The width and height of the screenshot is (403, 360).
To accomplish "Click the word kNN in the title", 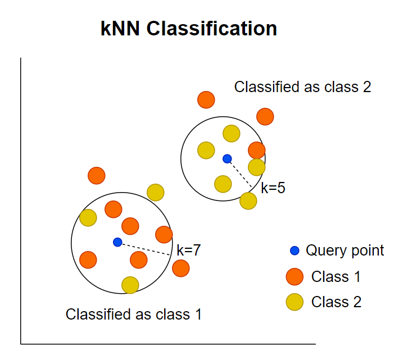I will pyautogui.click(x=121, y=29).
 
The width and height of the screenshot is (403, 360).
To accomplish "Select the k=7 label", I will pyautogui.click(x=188, y=250).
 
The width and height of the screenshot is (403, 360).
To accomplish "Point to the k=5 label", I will pyautogui.click(x=273, y=188).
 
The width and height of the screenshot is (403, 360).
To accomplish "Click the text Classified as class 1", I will pyautogui.click(x=133, y=315).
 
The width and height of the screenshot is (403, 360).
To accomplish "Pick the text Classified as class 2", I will pyautogui.click(x=302, y=87).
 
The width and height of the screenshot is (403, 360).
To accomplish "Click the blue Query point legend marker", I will pyautogui.click(x=295, y=250).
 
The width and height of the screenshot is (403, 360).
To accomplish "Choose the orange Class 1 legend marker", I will pyautogui.click(x=295, y=276).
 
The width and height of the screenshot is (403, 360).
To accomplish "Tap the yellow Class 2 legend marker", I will pyautogui.click(x=295, y=302).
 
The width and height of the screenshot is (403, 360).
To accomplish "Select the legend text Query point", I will pyautogui.click(x=345, y=250).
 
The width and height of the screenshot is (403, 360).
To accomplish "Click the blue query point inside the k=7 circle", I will pyautogui.click(x=117, y=242).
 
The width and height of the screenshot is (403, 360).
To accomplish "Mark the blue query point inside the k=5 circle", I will pyautogui.click(x=227, y=159).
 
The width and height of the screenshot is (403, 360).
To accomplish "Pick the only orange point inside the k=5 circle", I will pyautogui.click(x=256, y=150).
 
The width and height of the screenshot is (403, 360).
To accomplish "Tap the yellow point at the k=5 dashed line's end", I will pyautogui.click(x=248, y=200).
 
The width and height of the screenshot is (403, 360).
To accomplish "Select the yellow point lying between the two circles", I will pyautogui.click(x=156, y=192).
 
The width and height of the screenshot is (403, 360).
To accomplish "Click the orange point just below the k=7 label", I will pyautogui.click(x=180, y=268).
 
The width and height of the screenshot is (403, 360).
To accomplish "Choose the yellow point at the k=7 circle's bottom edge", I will pyautogui.click(x=130, y=285).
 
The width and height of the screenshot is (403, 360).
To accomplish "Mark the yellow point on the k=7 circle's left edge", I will pyautogui.click(x=88, y=217).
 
